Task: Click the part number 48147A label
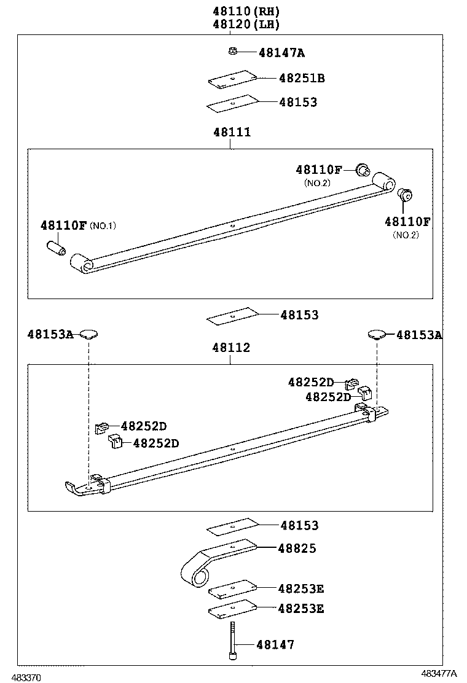pyautogui.click(x=281, y=53)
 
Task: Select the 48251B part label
pyautogui.click(x=302, y=79)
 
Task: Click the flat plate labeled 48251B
pyautogui.click(x=231, y=79)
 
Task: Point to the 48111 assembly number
pyautogui.click(x=232, y=133)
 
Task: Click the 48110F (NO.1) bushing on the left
pyautogui.click(x=56, y=250)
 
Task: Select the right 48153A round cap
pyautogui.click(x=376, y=334)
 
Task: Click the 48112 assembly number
pyautogui.click(x=231, y=348)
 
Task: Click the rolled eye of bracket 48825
pyautogui.click(x=194, y=574)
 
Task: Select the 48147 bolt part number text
pyautogui.click(x=275, y=645)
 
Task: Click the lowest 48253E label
pyautogui.click(x=300, y=609)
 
